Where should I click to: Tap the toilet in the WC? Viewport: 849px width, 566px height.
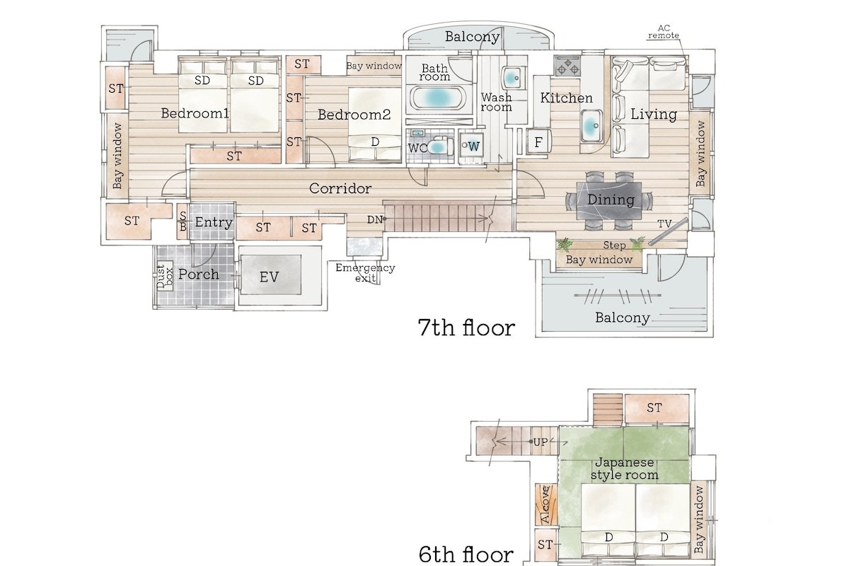point(440,146)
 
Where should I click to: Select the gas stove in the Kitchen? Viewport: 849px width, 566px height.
point(567,66)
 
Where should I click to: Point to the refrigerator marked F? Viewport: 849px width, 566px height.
point(538,141)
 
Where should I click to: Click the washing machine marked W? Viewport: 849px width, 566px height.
point(471,146)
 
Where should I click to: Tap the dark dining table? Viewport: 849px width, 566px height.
point(609,200)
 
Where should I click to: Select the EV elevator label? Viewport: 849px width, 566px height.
point(269,277)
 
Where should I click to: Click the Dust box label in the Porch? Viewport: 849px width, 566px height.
point(165,277)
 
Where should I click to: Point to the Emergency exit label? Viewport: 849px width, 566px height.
point(365,273)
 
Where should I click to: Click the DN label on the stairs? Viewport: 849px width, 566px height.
point(374,219)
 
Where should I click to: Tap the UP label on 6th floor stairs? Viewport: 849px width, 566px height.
point(540,441)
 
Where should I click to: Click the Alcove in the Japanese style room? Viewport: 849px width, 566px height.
point(545,504)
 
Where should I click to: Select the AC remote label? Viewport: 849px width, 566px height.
point(664,32)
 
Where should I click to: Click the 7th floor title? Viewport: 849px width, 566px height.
point(466,328)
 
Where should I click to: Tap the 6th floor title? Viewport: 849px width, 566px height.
point(466,554)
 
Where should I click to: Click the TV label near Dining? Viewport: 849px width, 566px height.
point(664,224)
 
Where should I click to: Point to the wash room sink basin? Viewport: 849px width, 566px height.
point(513,79)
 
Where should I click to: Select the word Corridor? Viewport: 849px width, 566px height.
point(340,188)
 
